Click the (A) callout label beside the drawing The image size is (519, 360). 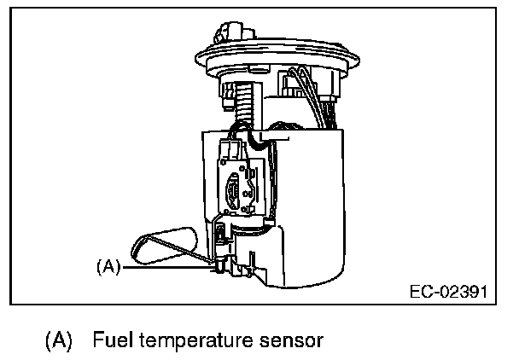[108, 266]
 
